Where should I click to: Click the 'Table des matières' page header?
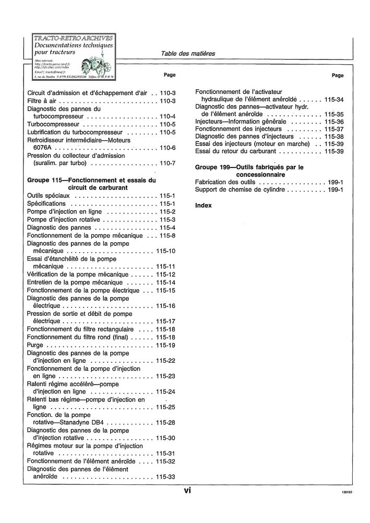click(x=188, y=53)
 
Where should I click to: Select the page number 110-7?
click(x=168, y=163)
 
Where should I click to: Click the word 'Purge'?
click(x=35, y=346)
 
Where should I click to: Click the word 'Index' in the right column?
click(x=204, y=206)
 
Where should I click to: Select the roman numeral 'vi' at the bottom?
click(x=187, y=490)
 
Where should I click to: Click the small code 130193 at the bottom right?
click(x=347, y=492)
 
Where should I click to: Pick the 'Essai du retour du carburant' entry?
click(x=235, y=151)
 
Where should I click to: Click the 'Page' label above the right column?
click(x=338, y=76)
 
